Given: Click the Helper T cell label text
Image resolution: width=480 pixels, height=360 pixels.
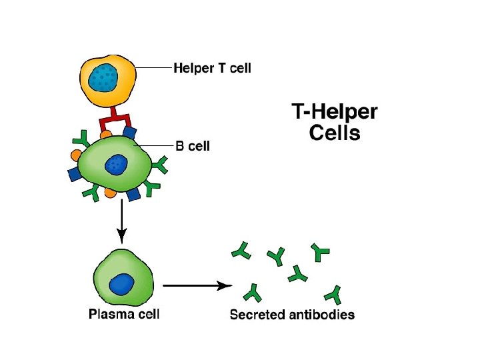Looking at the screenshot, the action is pyautogui.click(x=212, y=68).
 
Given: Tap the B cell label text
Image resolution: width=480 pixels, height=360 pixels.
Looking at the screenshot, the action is pyautogui.click(x=193, y=146).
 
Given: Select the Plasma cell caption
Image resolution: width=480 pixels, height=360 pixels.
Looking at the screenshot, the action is pyautogui.click(x=124, y=314).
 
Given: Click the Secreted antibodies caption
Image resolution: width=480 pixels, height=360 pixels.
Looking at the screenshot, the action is pyautogui.click(x=292, y=315).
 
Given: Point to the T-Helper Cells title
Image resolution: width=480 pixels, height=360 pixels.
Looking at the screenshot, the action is pyautogui.click(x=335, y=122).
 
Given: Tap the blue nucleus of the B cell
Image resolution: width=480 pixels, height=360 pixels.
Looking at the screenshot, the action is pyautogui.click(x=116, y=165).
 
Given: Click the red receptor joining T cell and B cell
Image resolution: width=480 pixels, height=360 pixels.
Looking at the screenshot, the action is pyautogui.click(x=115, y=120).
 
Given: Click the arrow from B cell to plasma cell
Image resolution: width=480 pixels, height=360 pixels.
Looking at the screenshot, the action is pyautogui.click(x=122, y=221).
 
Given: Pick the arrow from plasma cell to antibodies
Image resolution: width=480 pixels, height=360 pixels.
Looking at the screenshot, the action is pyautogui.click(x=197, y=285).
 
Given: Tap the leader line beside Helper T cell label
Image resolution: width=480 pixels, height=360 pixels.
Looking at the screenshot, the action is pyautogui.click(x=153, y=67).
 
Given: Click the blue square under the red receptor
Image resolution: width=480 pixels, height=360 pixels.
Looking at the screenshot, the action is pyautogui.click(x=130, y=133).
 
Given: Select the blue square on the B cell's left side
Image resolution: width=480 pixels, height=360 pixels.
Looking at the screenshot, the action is pyautogui.click(x=75, y=174).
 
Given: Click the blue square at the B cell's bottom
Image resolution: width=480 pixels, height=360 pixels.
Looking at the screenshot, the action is pyautogui.click(x=133, y=194).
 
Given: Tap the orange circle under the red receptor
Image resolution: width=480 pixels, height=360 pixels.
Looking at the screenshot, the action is pyautogui.click(x=106, y=135).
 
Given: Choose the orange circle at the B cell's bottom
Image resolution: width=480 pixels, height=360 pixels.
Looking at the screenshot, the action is pyautogui.click(x=110, y=193).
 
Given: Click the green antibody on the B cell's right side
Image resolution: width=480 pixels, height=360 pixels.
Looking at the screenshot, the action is pyautogui.click(x=160, y=165).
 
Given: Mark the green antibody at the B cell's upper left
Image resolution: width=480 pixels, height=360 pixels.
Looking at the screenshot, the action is pyautogui.click(x=82, y=139).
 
